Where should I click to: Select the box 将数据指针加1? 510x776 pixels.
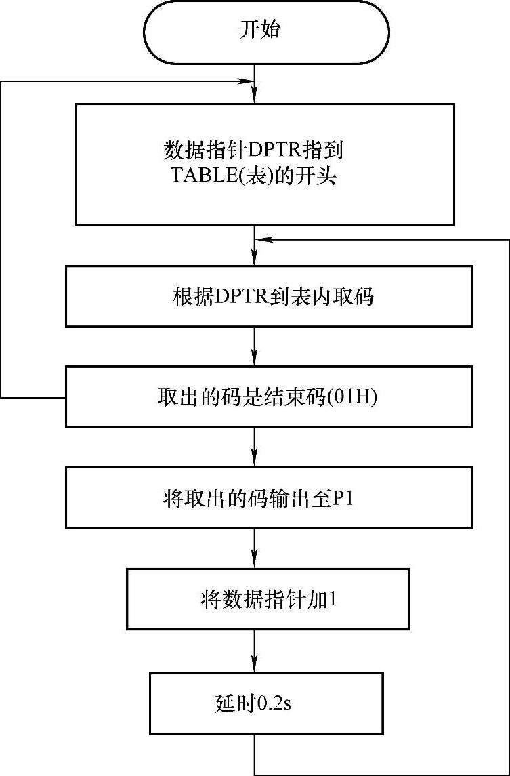[x=268, y=599]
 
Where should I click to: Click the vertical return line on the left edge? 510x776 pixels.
[x=2, y=237]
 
